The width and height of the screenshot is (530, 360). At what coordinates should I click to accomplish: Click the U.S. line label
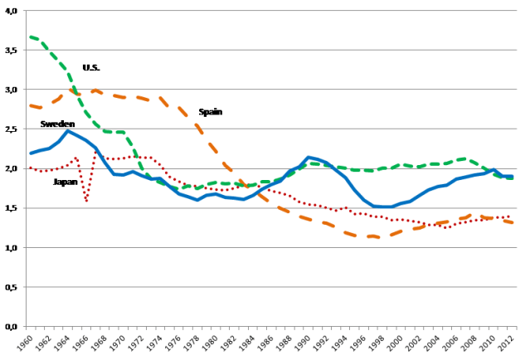point(91,67)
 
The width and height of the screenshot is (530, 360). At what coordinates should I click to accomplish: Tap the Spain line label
point(210,112)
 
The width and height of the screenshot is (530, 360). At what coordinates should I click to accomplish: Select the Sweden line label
point(57,124)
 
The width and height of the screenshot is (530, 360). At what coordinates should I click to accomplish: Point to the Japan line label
point(66,182)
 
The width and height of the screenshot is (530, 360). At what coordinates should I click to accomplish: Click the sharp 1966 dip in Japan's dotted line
point(86,201)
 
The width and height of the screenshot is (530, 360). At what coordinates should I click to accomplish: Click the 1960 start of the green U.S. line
point(31,36)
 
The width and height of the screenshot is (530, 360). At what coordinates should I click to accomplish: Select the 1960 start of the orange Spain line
point(31,105)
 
